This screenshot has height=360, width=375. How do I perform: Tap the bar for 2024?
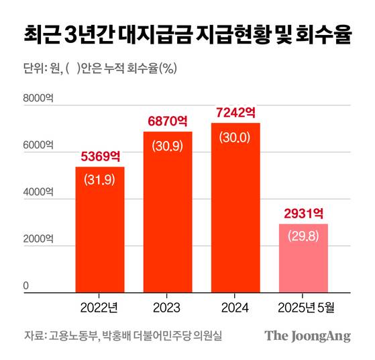[x=235, y=208]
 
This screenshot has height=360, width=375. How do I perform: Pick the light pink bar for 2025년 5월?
[x=303, y=258]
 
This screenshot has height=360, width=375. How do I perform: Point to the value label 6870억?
[x=167, y=122]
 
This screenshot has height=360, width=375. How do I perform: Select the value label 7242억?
[x=235, y=113]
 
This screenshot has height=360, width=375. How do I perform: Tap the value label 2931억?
[x=303, y=214]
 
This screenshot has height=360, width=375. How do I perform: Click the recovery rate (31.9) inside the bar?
[x=99, y=179]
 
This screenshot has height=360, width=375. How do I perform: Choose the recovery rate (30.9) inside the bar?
[x=167, y=144]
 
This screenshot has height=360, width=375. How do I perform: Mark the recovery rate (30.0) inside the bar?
[x=235, y=136]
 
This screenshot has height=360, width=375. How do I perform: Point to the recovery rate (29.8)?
[x=303, y=237]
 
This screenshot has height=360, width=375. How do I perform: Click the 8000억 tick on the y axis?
[x=38, y=99]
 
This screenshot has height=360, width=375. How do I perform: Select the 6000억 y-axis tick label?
[x=38, y=146]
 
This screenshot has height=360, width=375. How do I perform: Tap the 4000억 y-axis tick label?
[x=38, y=193]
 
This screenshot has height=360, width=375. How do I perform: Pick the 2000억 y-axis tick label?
[x=38, y=240]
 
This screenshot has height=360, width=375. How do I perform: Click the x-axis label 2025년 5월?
[x=303, y=307]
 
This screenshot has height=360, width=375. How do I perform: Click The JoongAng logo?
[x=307, y=336]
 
